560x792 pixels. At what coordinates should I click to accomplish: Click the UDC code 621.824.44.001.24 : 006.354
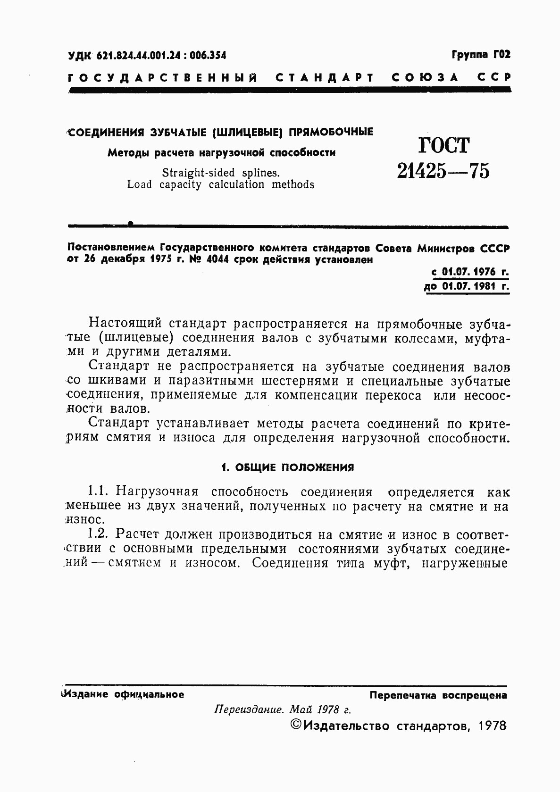click(160, 56)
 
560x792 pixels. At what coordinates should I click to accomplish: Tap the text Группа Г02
click(481, 55)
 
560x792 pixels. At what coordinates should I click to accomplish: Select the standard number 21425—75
click(443, 170)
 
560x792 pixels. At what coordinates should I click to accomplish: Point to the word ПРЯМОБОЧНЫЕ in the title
click(331, 132)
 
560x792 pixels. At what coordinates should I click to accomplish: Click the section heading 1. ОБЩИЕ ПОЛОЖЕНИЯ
click(287, 467)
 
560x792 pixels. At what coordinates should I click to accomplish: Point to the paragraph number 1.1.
click(99, 492)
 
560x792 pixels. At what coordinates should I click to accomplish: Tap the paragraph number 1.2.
click(99, 534)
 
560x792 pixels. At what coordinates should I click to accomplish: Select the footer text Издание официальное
click(124, 694)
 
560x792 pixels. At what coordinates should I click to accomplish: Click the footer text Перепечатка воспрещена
click(438, 695)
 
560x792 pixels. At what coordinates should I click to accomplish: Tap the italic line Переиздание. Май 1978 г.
click(283, 709)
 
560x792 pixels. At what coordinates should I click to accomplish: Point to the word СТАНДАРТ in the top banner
click(325, 78)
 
